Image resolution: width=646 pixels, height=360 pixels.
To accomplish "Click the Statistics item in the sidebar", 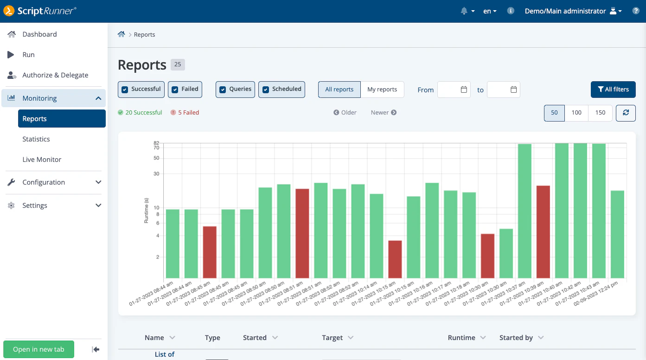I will tap(36, 139).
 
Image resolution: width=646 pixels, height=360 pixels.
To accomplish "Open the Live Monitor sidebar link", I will tap(42, 160).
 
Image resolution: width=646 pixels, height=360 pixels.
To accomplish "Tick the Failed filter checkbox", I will tap(175, 90).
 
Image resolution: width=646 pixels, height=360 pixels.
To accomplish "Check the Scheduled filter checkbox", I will tap(266, 90).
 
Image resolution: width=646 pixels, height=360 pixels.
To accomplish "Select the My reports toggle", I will tap(382, 90).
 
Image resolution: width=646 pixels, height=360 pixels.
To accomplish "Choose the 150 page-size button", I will tap(600, 113).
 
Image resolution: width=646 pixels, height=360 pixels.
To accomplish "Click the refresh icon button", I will tap(626, 113).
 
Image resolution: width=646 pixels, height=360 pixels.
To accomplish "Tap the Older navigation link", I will tap(345, 113).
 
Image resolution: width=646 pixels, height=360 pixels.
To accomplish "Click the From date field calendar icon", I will tap(464, 90).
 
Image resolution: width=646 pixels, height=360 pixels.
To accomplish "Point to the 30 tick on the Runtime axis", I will tap(156, 174).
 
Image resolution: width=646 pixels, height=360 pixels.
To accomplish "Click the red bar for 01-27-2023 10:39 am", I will tap(543, 231).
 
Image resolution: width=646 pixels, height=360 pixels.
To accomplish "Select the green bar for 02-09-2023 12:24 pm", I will tap(617, 234).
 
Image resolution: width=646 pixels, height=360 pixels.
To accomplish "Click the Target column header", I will tap(333, 338).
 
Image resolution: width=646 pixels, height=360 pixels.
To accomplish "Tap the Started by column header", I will tap(516, 338).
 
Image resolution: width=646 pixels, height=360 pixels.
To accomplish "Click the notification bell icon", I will tap(464, 11).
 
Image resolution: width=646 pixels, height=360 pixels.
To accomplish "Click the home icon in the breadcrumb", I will tap(122, 34).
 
